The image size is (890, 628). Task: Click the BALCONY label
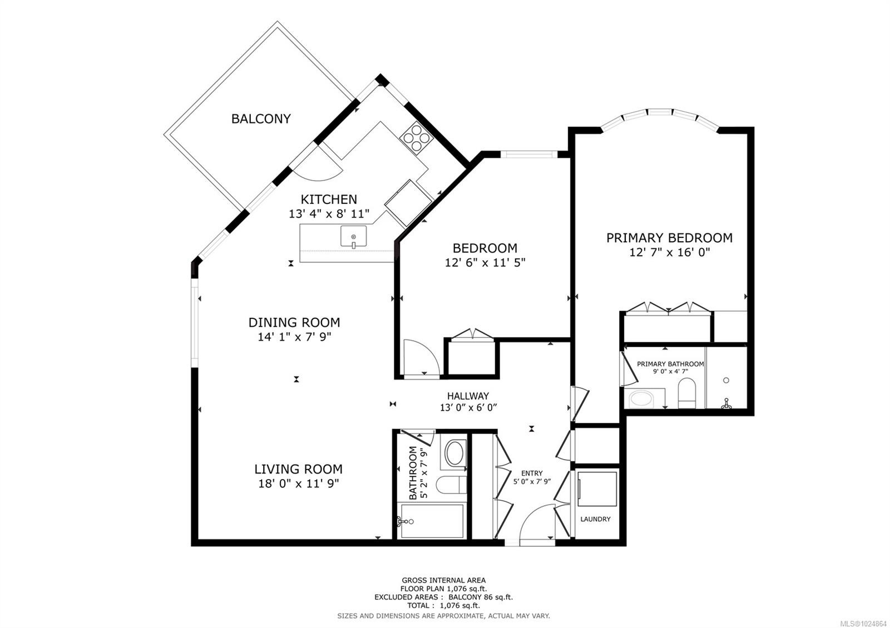tap(261, 119)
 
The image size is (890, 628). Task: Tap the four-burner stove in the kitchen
tap(417, 138)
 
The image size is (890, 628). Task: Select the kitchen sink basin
tap(353, 236)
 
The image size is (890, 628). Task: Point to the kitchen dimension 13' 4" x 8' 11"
tap(329, 214)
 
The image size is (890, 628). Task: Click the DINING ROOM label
tap(294, 322)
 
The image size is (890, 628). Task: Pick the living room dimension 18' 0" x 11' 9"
tap(298, 484)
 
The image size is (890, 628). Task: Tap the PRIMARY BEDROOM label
tap(670, 238)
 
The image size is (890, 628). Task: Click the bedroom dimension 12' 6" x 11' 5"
tap(485, 262)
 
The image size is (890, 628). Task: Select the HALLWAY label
tap(468, 396)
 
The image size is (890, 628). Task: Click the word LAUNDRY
tap(595, 519)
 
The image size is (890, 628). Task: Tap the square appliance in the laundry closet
tap(597, 489)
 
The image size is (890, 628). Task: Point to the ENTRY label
tap(532, 473)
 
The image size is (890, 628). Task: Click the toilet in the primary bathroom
tap(687, 393)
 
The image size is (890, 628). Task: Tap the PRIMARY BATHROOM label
tap(670, 364)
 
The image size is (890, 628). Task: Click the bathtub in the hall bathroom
tap(432, 521)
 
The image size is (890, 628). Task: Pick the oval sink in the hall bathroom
tap(454, 453)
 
